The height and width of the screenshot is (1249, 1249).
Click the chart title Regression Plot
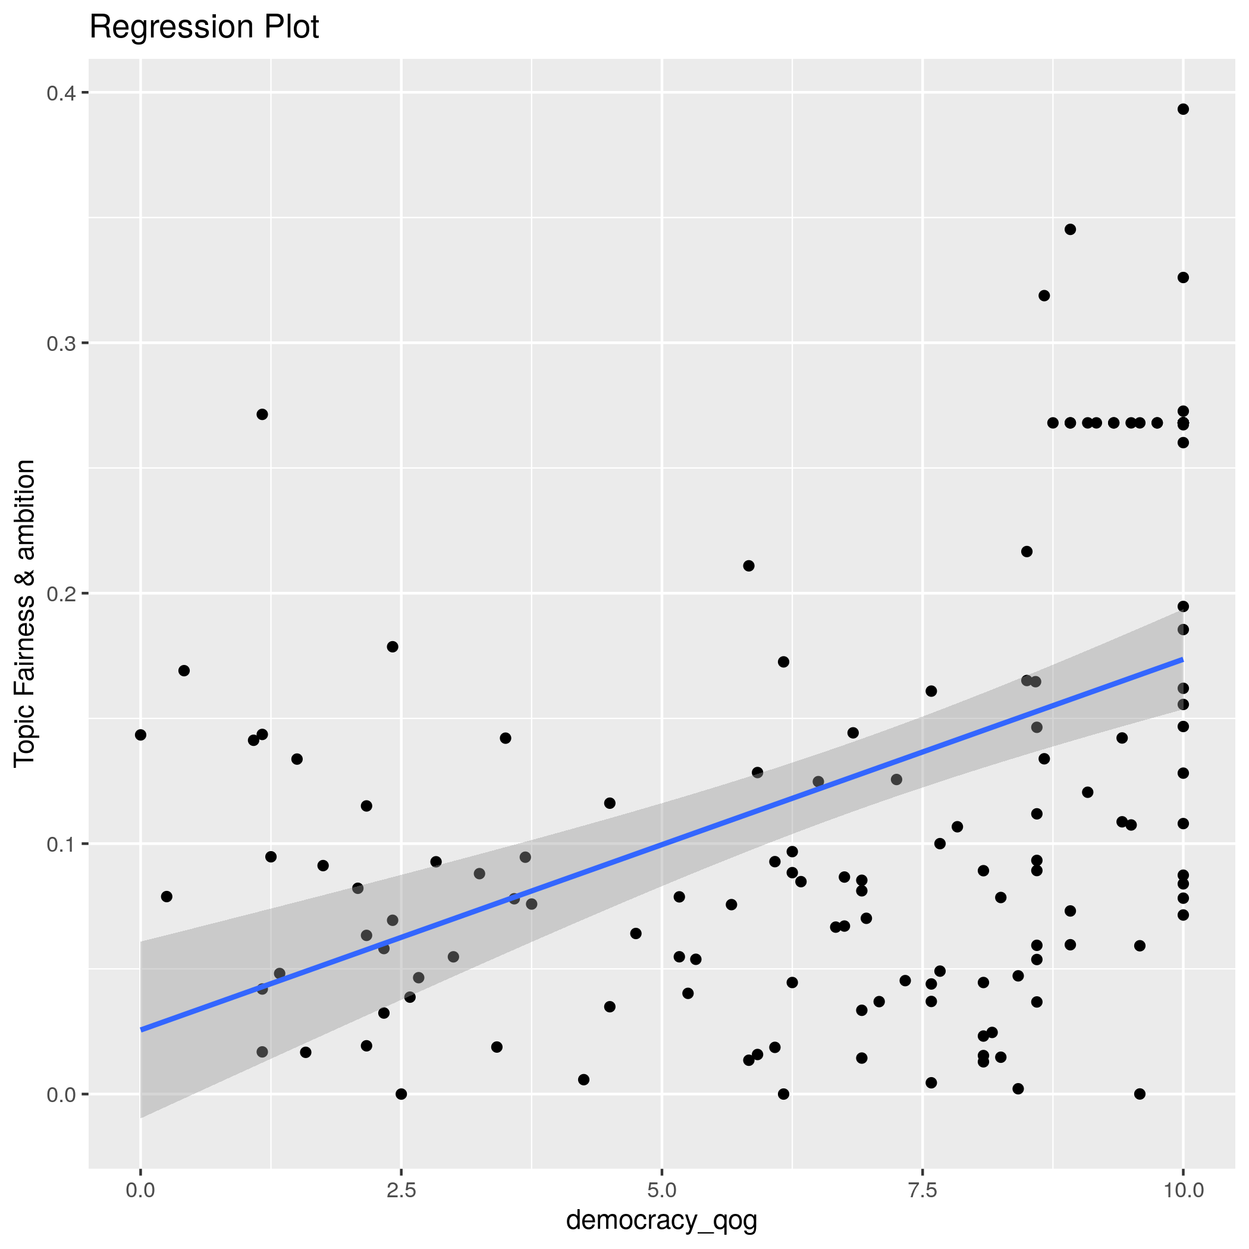pyautogui.click(x=203, y=28)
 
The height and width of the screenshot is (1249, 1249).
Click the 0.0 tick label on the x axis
pyautogui.click(x=140, y=1190)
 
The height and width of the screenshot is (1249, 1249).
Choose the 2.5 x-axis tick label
pyautogui.click(x=401, y=1190)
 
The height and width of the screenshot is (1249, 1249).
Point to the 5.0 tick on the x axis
pyautogui.click(x=661, y=1190)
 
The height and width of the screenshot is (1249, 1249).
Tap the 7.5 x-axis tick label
pyautogui.click(x=922, y=1190)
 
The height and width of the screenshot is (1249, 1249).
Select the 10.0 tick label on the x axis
pyautogui.click(x=1183, y=1190)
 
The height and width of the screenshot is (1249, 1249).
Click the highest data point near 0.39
pyautogui.click(x=1183, y=109)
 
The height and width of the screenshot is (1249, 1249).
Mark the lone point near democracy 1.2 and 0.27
pyautogui.click(x=262, y=415)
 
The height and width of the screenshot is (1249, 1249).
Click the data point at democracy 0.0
pyautogui.click(x=140, y=735)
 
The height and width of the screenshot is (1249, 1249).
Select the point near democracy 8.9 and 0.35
pyautogui.click(x=1070, y=230)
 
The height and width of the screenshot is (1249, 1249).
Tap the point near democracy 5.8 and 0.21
pyautogui.click(x=749, y=566)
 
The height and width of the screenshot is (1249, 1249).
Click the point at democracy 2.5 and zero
pyautogui.click(x=401, y=1094)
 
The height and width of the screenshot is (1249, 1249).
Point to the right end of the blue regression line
pyautogui.click(x=1182, y=660)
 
